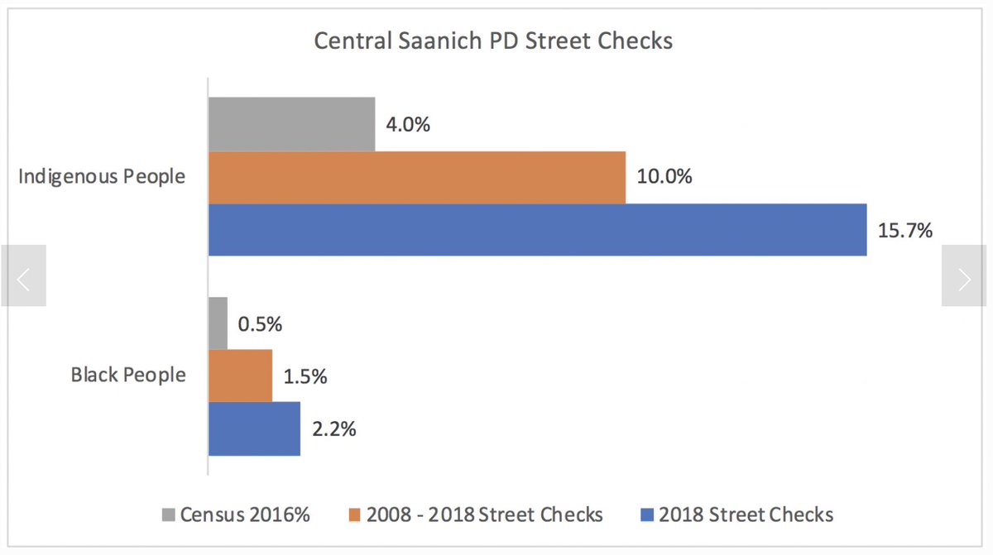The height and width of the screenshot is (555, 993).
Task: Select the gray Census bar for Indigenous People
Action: click(x=291, y=124)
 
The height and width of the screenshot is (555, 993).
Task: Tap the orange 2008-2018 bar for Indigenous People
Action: click(x=416, y=177)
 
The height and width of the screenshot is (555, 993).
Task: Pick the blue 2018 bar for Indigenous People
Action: click(x=537, y=230)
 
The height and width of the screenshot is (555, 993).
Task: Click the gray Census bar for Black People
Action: click(x=218, y=323)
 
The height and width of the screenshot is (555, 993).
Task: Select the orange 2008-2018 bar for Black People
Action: click(x=240, y=376)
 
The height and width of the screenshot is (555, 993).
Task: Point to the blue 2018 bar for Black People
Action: click(x=254, y=428)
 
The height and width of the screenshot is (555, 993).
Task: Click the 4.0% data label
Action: click(x=408, y=125)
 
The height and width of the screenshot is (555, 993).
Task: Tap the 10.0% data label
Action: click(x=664, y=177)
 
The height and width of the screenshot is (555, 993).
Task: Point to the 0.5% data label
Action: click(x=260, y=324)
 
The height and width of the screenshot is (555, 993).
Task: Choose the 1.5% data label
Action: click(x=305, y=376)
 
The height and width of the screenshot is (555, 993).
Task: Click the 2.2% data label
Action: click(x=333, y=429)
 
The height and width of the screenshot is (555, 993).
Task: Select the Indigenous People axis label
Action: click(x=102, y=176)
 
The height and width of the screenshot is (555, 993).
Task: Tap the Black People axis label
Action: click(x=128, y=375)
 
